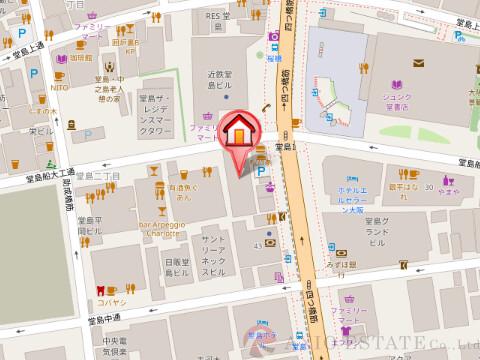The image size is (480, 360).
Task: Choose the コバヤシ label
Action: (109, 300)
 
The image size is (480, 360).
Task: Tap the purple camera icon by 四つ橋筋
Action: (273, 37)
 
